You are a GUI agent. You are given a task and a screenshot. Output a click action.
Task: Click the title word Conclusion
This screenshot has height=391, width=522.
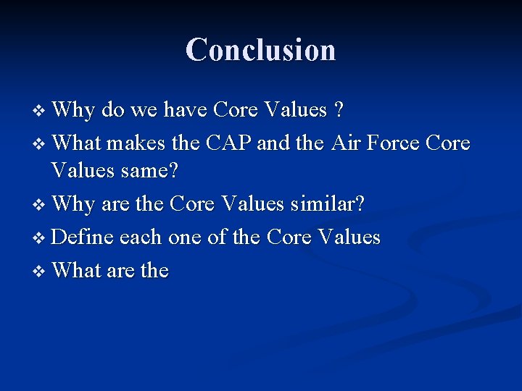[x=260, y=50]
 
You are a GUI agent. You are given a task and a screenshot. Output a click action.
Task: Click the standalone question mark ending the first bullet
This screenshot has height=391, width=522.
[x=339, y=110]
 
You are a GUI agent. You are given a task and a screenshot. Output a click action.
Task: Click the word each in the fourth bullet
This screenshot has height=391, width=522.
[x=140, y=237]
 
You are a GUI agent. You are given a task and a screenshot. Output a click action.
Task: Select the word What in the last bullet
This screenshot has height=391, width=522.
[x=76, y=270]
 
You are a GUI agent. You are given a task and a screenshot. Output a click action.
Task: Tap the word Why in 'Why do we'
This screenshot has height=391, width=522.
[x=73, y=111]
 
